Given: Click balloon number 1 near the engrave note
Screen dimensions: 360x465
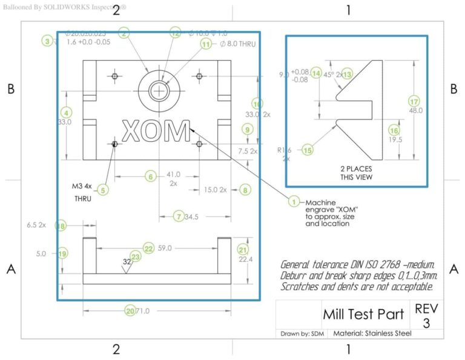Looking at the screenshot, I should coord(294,202).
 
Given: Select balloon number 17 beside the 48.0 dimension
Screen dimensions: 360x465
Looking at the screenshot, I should coord(414,101).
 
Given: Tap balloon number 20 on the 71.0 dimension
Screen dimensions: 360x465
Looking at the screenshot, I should coord(130,311).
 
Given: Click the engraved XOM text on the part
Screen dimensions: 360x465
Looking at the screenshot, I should coord(156,130).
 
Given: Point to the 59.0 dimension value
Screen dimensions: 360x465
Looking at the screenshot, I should coord(165,248).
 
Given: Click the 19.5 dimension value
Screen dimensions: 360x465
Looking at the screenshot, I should coord(395,139).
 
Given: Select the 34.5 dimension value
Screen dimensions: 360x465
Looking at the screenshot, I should coord(192,216).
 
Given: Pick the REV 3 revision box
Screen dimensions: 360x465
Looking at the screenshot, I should coord(426,315).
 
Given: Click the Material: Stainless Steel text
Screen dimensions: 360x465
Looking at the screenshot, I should coord(372,333).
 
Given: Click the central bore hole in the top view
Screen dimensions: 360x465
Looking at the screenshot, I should coord(160,90).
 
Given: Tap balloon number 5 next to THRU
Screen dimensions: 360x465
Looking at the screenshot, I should coord(104,190).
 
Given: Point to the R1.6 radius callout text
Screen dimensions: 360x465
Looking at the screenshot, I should coord(285,149).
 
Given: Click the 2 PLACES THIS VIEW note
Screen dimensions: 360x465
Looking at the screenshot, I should coord(356,173).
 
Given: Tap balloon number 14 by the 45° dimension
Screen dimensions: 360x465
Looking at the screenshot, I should coord(316,74).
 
